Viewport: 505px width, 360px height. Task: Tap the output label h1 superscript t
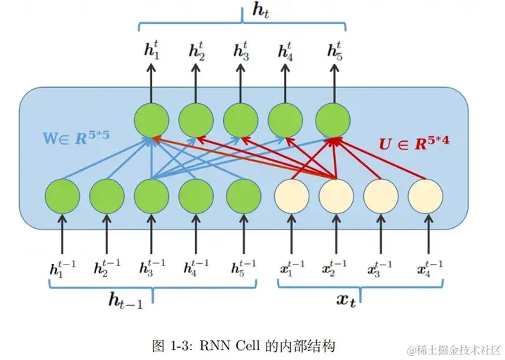151,51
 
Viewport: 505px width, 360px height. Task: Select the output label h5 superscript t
334,51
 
